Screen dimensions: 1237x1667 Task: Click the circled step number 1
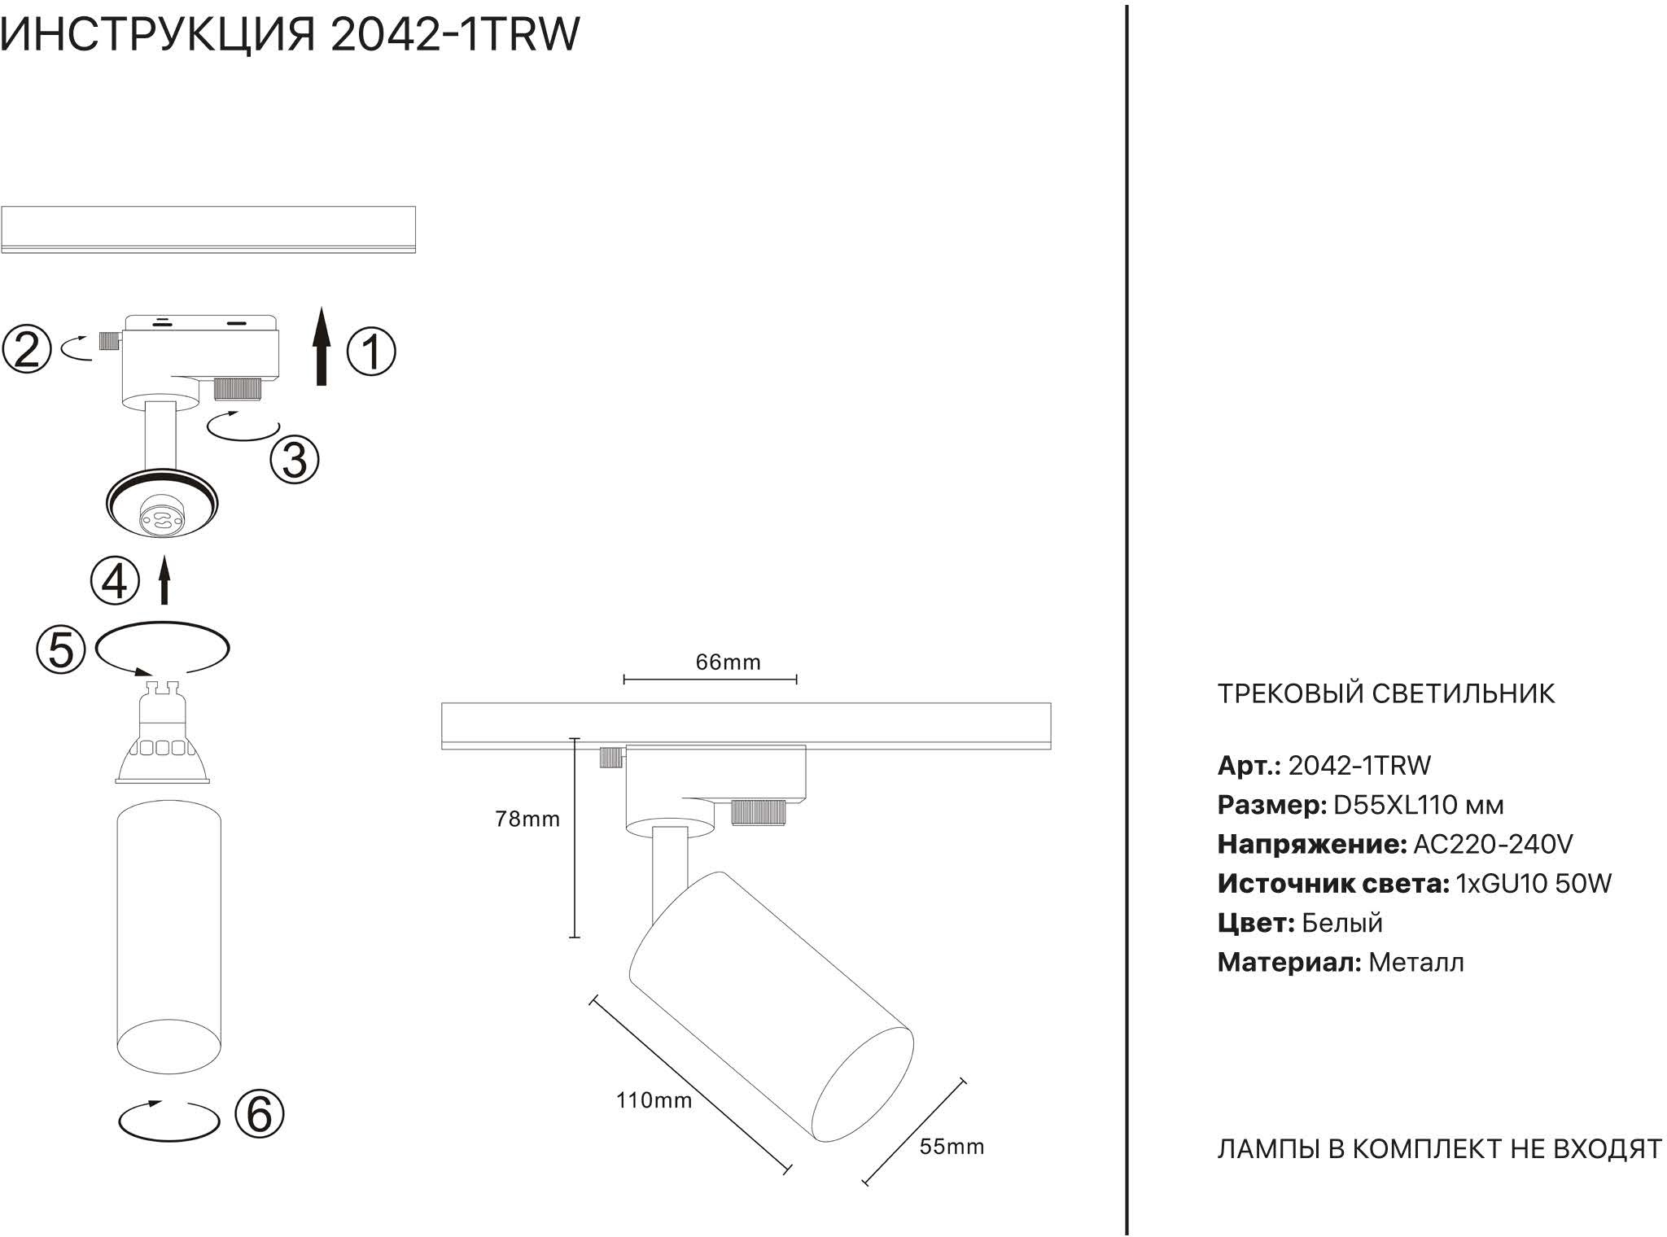click(x=371, y=352)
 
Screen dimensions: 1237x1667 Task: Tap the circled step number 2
click(x=26, y=349)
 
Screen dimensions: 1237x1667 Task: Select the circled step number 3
click(x=294, y=460)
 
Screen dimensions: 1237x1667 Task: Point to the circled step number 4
click(x=115, y=581)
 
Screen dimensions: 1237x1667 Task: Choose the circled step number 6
click(x=259, y=1113)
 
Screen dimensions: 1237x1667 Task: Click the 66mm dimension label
click(x=728, y=662)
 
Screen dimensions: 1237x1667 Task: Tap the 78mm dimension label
click(x=527, y=819)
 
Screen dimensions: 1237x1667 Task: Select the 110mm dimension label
click(x=654, y=1100)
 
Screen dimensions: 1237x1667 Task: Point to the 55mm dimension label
click(x=952, y=1147)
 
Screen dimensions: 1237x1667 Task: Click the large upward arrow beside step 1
click(x=322, y=346)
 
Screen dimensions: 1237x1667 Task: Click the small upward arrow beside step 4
click(x=164, y=580)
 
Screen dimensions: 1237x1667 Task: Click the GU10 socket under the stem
click(x=162, y=518)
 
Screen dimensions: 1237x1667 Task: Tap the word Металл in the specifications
click(x=1415, y=963)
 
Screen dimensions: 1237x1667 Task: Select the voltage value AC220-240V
click(x=1493, y=844)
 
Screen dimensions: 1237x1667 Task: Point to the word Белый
click(x=1341, y=923)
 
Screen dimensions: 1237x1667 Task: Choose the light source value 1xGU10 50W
click(x=1533, y=883)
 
